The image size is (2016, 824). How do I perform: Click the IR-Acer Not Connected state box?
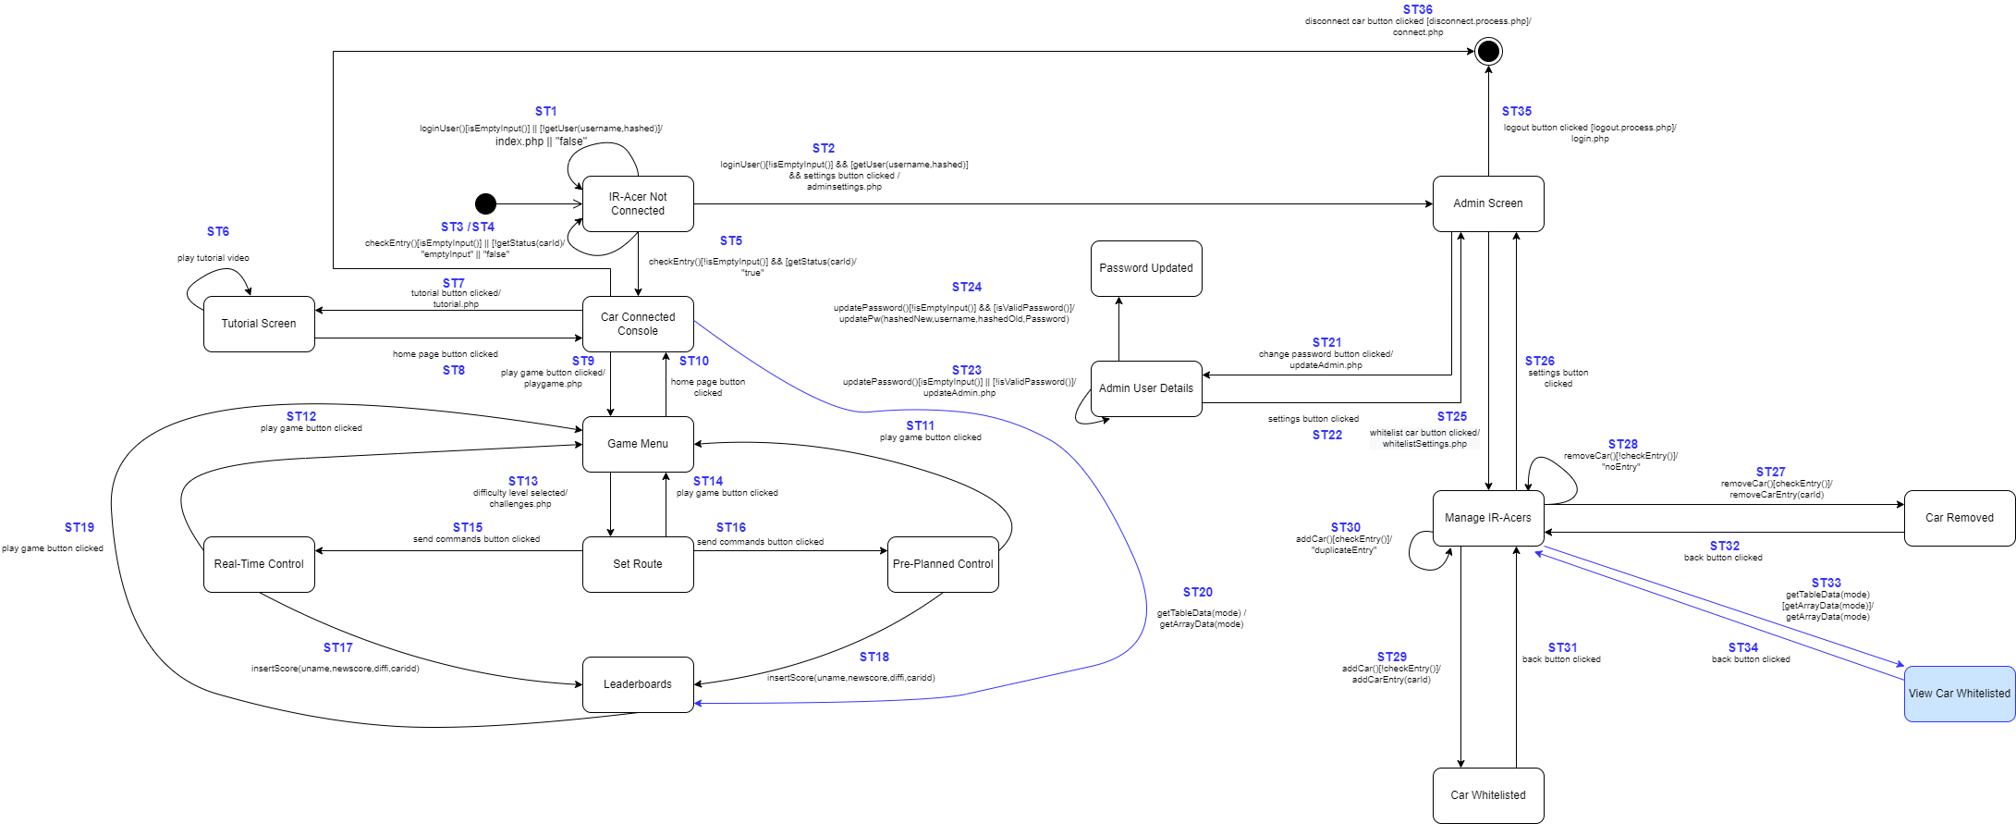638,203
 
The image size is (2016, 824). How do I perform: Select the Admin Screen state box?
1487,203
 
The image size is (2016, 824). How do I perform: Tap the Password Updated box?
1145,268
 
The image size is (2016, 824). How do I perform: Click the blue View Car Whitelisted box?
1959,694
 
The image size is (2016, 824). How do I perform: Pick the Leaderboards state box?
638,684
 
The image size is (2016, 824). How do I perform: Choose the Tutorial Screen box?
259,324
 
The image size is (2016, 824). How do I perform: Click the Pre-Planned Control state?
942,564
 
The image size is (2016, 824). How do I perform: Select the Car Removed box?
1959,518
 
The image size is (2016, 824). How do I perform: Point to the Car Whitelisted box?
1487,795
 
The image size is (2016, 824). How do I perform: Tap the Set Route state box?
638,564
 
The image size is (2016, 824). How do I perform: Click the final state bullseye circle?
1488,51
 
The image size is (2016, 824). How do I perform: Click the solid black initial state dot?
485,203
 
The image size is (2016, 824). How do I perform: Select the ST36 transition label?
1417,9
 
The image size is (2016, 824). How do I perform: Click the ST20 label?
1197,592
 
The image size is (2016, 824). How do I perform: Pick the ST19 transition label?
79,527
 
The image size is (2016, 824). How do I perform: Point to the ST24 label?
966,287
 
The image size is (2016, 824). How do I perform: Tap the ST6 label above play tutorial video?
218,231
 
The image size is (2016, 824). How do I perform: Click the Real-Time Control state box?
259,564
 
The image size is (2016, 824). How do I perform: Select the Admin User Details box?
1145,388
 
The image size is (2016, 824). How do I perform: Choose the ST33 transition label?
1826,583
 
